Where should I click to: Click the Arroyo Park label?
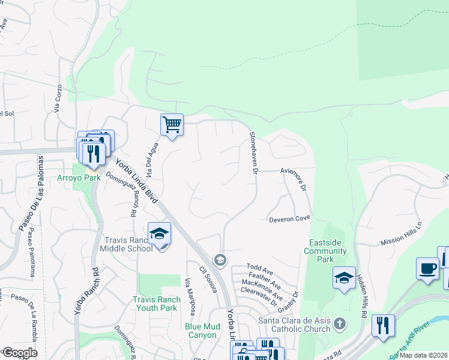tap(79, 178)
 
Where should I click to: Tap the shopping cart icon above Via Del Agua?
tap(172, 125)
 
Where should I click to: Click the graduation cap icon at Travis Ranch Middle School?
tap(160, 233)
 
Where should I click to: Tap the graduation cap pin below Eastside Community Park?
tap(344, 278)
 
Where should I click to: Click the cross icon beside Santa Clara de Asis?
tap(340, 325)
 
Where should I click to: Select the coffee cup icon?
tap(427, 268)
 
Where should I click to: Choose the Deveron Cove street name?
tap(289, 219)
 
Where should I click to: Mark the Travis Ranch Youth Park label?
tap(155, 304)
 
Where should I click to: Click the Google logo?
tap(20, 353)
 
